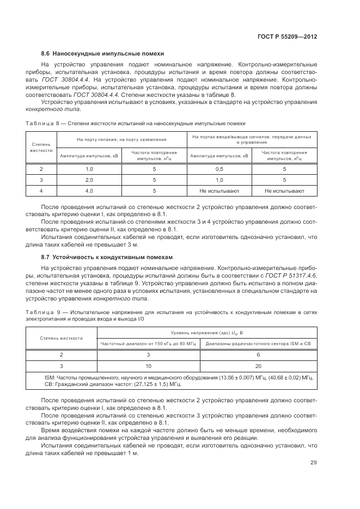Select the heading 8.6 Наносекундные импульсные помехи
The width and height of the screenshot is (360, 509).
click(x=103, y=53)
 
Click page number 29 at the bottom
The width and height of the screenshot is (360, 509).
click(x=313, y=463)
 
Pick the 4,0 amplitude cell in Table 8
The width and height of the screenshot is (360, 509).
click(x=89, y=191)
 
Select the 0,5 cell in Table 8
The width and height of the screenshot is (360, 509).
click(x=219, y=169)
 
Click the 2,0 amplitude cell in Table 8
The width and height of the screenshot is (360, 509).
click(x=89, y=180)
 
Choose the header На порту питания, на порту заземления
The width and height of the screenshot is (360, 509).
click(x=121, y=140)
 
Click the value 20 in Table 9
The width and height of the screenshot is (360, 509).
click(x=258, y=366)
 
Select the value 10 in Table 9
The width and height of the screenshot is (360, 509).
click(x=149, y=366)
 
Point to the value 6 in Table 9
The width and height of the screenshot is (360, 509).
click(x=258, y=354)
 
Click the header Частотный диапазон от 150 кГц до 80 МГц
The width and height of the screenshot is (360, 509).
click(x=149, y=344)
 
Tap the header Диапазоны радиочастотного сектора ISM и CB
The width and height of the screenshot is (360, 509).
click(x=258, y=344)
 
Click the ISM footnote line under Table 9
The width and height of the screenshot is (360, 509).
click(x=178, y=377)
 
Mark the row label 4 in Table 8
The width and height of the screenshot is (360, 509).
click(x=41, y=191)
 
